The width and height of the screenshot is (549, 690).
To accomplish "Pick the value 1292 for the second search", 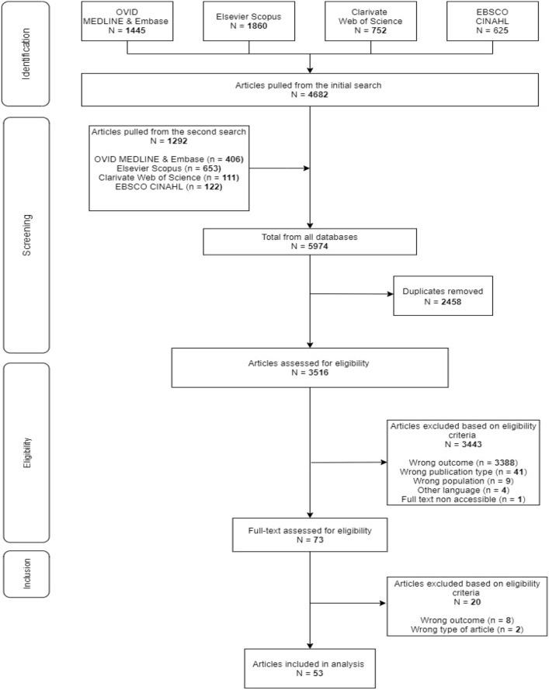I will pyautogui.click(x=168, y=141).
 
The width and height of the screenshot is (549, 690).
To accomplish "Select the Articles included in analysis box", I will pyautogui.click(x=310, y=667).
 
